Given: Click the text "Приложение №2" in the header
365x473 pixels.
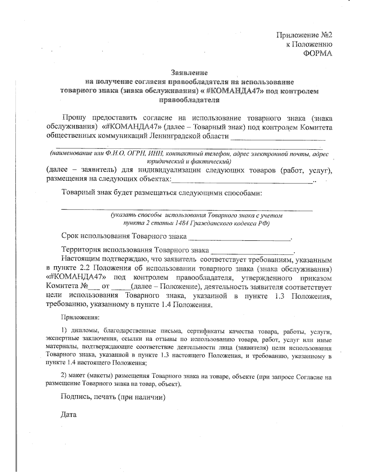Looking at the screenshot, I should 304,35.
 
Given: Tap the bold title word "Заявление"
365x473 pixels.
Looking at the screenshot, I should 189,73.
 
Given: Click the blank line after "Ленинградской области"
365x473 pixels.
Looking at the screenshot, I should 278,138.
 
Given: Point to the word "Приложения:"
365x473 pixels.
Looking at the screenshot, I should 80,317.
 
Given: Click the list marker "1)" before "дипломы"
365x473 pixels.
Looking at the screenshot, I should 64,331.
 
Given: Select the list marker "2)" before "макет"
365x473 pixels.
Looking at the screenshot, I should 64,377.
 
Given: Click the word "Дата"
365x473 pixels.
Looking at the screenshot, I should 69,415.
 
